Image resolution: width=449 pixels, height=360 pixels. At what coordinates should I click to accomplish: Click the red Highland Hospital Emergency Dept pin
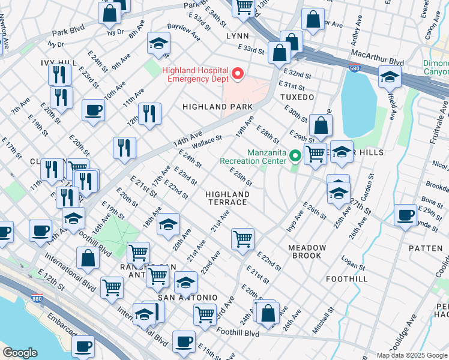click(238, 74)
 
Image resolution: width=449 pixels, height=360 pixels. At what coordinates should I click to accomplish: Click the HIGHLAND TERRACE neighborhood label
click(227, 198)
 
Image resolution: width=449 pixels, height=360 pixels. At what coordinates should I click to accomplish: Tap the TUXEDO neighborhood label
click(297, 97)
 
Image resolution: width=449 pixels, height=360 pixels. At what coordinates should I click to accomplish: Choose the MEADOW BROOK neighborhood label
click(307, 251)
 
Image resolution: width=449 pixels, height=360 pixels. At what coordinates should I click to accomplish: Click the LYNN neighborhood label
click(237, 36)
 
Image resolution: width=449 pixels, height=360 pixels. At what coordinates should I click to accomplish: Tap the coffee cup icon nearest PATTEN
click(405, 214)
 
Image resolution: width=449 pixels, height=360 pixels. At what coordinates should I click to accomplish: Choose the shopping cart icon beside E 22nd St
click(243, 238)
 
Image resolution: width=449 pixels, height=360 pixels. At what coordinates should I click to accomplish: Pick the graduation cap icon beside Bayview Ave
click(158, 43)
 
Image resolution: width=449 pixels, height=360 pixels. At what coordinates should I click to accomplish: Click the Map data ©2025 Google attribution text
click(412, 355)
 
